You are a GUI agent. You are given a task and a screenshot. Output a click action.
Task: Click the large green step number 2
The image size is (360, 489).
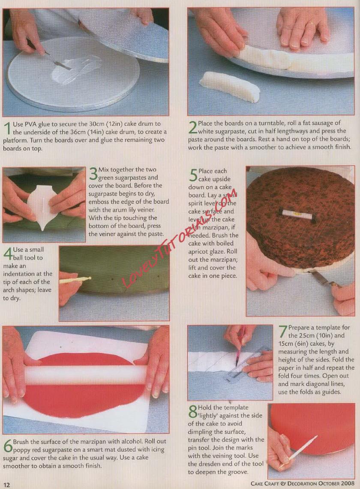pyautogui.click(x=193, y=127)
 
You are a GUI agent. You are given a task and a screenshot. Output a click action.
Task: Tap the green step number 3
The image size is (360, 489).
pyautogui.click(x=93, y=174)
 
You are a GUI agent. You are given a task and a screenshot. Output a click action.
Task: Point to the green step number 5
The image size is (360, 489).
pyautogui.click(x=193, y=175)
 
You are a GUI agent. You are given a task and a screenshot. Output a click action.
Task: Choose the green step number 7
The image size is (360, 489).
pyautogui.click(x=283, y=332)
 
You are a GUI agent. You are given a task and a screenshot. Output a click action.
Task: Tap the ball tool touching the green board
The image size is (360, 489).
pyautogui.click(x=75, y=279)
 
